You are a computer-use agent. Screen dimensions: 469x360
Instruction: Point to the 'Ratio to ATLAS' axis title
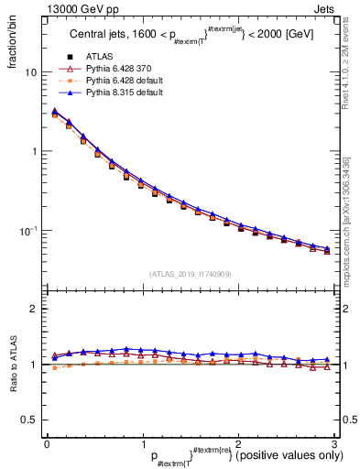12,365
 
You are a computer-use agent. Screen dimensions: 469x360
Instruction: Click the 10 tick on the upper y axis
29,72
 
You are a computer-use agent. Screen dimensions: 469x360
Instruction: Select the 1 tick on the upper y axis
32,151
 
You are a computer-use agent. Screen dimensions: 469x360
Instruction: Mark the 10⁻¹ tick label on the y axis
27,230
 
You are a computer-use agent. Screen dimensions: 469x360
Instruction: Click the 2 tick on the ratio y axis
32,310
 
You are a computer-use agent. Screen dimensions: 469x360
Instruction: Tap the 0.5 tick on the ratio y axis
27,420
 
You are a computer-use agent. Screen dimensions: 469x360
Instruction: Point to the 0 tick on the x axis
47,443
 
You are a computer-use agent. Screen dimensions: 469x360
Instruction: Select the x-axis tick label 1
142,443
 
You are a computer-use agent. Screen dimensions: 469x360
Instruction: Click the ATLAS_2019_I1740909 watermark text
190,273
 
